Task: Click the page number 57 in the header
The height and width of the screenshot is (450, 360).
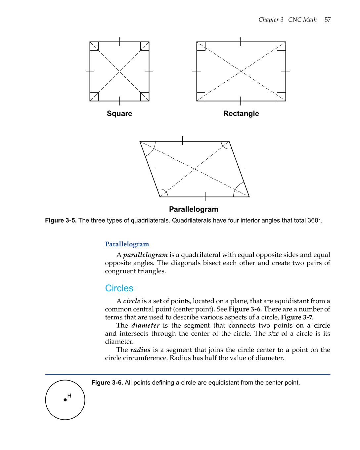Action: pyautogui.click(x=327, y=20)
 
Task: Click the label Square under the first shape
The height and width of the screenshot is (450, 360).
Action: pyautogui.click(x=119, y=113)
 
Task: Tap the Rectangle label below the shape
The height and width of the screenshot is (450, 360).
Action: pyautogui.click(x=241, y=113)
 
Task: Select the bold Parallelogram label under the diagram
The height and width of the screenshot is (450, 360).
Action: pyautogui.click(x=194, y=209)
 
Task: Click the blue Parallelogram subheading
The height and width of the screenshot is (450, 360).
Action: pyautogui.click(x=127, y=244)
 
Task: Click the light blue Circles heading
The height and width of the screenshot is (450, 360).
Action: pyautogui.click(x=119, y=288)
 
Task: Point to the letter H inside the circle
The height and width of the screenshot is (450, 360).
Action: pyautogui.click(x=69, y=395)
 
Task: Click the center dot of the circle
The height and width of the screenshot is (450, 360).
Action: pyautogui.click(x=65, y=400)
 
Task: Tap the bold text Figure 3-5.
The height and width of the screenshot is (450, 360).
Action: pyautogui.click(x=61, y=220)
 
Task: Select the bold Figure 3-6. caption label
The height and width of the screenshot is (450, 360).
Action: pyautogui.click(x=107, y=383)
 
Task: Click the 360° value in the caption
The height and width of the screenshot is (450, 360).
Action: pyautogui.click(x=314, y=220)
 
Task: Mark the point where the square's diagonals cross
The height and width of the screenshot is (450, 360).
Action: pyautogui.click(x=119, y=71)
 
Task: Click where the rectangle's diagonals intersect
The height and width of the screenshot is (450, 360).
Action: pyautogui.click(x=241, y=71)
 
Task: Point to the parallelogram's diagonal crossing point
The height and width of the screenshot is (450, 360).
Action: pyautogui.click(x=195, y=169)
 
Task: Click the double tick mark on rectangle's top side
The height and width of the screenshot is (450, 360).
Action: pyautogui.click(x=241, y=42)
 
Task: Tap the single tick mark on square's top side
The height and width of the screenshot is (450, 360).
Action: pyautogui.click(x=119, y=42)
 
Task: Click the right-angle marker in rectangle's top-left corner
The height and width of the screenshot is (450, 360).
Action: pyautogui.click(x=201, y=46)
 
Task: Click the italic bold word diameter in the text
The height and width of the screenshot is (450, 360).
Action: pyautogui.click(x=145, y=325)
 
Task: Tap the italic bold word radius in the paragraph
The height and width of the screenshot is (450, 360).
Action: pyautogui.click(x=140, y=350)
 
